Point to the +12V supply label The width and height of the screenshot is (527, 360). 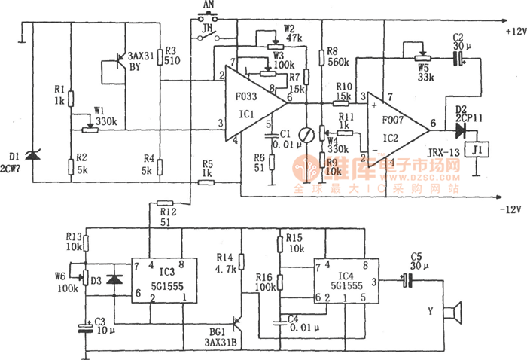tap(504, 32)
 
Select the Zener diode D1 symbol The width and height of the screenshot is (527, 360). tap(31, 156)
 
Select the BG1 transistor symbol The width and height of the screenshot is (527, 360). tap(238, 325)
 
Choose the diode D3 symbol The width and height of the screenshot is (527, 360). tap(114, 279)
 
